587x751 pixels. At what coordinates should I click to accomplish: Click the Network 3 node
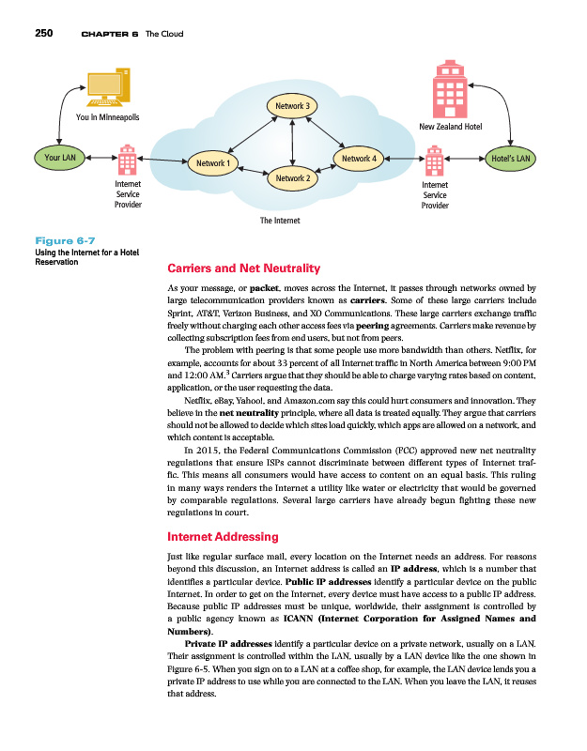(x=294, y=106)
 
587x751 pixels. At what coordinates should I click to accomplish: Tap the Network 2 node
(x=293, y=177)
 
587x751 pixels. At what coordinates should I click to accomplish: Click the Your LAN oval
(x=60, y=158)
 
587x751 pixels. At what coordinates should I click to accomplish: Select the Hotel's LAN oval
(x=513, y=159)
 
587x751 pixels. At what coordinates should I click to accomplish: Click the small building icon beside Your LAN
(x=126, y=161)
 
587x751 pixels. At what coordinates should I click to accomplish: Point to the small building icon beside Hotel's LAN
(x=435, y=161)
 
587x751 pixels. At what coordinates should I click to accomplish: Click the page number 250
(x=44, y=34)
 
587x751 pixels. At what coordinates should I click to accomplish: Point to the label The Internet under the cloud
(x=280, y=221)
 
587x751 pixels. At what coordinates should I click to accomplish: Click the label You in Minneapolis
(x=107, y=118)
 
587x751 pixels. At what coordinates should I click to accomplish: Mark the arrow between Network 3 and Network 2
(x=294, y=142)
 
